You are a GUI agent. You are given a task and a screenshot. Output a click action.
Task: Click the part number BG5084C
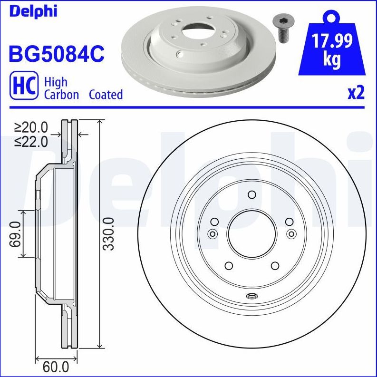pyautogui.click(x=56, y=53)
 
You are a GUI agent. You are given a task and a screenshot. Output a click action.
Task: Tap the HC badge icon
pyautogui.click(x=24, y=87)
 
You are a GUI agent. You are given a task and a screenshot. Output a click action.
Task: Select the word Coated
pyautogui.click(x=106, y=95)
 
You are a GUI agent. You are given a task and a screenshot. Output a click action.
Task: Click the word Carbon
pyautogui.click(x=61, y=95)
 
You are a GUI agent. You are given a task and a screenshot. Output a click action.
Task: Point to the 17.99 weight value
pyautogui.click(x=332, y=43)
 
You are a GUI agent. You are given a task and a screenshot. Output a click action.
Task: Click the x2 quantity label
pyautogui.click(x=356, y=93)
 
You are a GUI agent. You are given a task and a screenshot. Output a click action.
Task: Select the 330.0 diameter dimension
pyautogui.click(x=109, y=233)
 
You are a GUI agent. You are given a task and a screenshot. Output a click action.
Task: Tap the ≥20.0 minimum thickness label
pyautogui.click(x=31, y=127)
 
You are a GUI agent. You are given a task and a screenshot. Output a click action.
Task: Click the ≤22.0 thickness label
pyautogui.click(x=31, y=141)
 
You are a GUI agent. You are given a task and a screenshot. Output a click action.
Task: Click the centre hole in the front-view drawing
pyautogui.click(x=251, y=233)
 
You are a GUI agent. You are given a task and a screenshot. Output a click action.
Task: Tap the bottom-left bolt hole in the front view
pyautogui.click(x=228, y=266)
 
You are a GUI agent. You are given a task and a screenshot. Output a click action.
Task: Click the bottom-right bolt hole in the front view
pyautogui.click(x=274, y=266)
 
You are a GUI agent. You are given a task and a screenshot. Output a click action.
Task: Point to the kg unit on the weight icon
pyautogui.click(x=331, y=60)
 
